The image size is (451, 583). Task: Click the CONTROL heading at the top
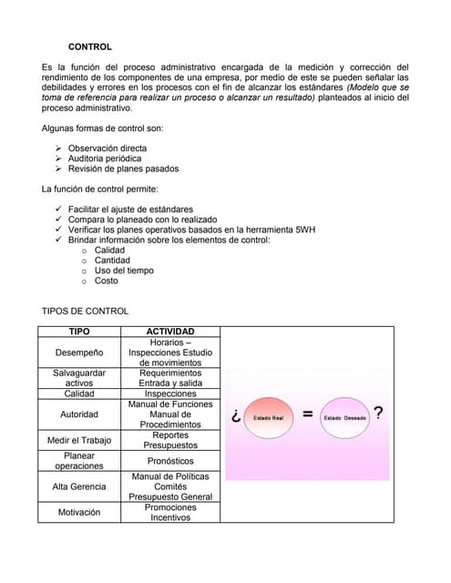pos(90,46)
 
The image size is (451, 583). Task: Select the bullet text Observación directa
pos(107,148)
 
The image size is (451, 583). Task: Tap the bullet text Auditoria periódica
pos(104,159)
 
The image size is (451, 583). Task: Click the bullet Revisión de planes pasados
pos(123,169)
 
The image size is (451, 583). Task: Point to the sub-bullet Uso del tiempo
pos(124,271)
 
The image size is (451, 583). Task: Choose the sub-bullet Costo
pos(106,281)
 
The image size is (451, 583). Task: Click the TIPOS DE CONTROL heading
pos(85,311)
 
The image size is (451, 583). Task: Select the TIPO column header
pos(79,332)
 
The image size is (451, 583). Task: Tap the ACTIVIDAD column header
pos(170,332)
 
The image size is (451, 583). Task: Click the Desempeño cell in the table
pos(79,353)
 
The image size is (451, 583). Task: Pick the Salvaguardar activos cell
pos(79,378)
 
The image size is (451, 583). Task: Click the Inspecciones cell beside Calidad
pos(170,394)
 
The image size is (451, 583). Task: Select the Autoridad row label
pos(79,414)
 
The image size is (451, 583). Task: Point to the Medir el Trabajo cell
pos(79,440)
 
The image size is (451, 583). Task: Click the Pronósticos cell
pos(170,461)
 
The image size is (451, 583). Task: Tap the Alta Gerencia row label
pos(79,486)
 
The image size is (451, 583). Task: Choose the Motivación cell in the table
pos(79,512)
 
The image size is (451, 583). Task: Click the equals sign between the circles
pos(307,415)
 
